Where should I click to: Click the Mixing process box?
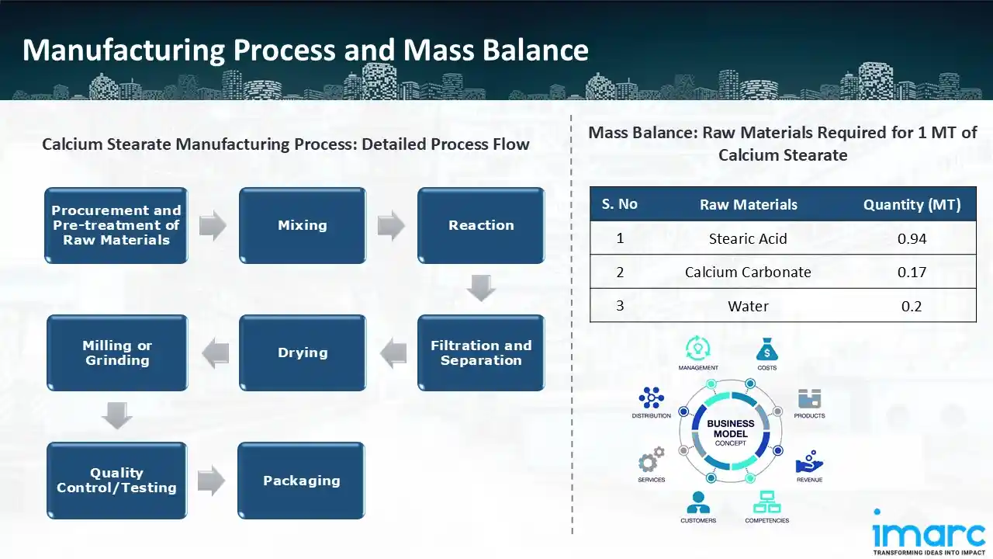point(303,225)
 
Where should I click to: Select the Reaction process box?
point(481,225)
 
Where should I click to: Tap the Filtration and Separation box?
point(481,352)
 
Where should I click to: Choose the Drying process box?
point(303,352)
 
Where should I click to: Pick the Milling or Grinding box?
point(117,352)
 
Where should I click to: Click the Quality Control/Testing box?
point(116,480)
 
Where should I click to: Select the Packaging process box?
point(301,480)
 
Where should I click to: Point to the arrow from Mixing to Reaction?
point(391,226)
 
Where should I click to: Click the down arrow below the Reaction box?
point(481,289)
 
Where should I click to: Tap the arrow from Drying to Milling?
point(215,353)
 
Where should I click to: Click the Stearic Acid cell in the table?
point(748,238)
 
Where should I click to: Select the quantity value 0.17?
point(912,272)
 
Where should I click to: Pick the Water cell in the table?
point(748,306)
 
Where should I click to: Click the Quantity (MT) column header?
point(912,205)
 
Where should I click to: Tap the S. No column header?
point(619,204)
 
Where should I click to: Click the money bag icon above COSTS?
point(766,349)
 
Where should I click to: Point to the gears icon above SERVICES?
point(651,460)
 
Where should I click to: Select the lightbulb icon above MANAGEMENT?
point(697,348)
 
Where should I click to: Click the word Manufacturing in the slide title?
point(123,50)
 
